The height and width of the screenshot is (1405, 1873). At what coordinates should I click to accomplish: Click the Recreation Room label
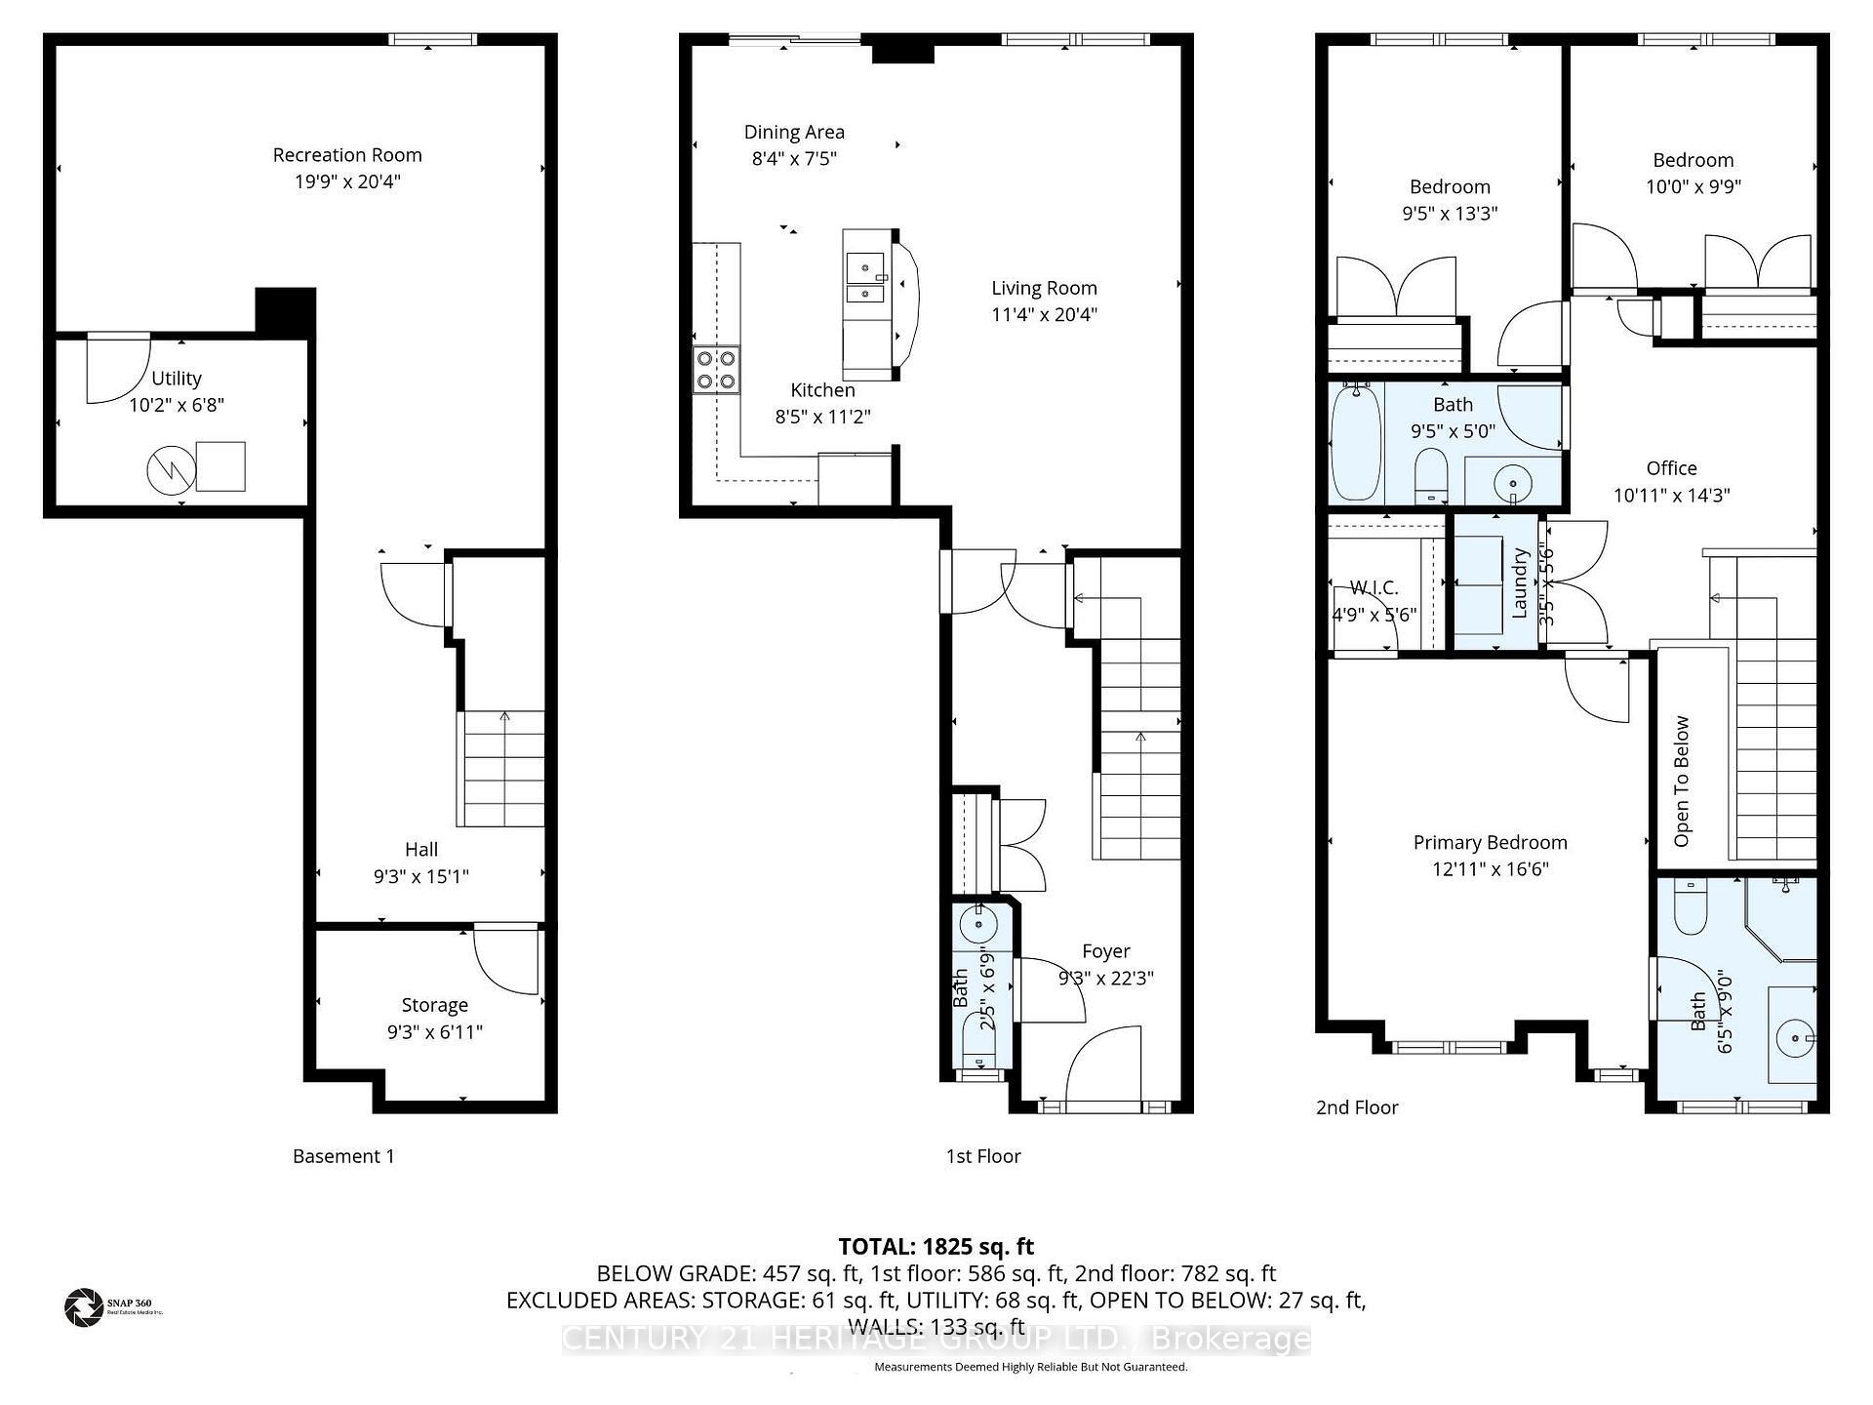point(347,155)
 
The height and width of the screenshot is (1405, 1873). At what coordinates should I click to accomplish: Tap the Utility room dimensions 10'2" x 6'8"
point(177,405)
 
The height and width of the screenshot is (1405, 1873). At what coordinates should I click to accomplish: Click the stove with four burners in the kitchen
point(716,370)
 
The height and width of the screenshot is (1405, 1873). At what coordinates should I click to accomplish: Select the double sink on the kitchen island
point(865,279)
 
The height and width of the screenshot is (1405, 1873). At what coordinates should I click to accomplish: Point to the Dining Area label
point(794,133)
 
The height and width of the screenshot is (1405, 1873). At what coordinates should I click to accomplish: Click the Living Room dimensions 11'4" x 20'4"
point(1044,314)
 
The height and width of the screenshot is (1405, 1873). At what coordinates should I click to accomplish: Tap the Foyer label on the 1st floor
point(1106,951)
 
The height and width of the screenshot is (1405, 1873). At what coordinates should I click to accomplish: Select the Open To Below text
point(1682,781)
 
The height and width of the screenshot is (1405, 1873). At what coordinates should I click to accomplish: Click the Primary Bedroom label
point(1490,843)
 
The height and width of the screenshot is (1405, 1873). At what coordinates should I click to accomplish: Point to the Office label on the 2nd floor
point(1671,468)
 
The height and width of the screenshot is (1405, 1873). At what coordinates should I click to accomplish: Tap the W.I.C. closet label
point(1374,588)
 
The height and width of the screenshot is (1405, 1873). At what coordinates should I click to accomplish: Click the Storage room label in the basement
point(435,1005)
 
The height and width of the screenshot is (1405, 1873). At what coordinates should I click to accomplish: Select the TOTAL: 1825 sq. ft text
point(936,1246)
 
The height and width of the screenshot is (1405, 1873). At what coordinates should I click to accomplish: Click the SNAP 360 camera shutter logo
point(83,1307)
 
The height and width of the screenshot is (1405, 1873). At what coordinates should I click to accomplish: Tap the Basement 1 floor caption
point(343,1156)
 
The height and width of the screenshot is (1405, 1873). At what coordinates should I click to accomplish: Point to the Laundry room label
point(1519,582)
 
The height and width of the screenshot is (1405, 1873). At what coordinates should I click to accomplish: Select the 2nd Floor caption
point(1357,1107)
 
